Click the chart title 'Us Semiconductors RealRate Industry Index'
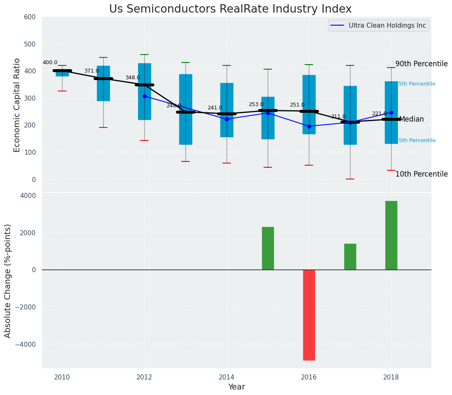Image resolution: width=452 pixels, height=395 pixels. [x=230, y=9]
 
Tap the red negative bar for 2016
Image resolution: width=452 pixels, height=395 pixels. [x=309, y=315]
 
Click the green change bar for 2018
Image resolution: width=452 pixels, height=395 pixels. [x=391, y=235]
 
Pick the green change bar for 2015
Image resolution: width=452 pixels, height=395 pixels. [x=268, y=248]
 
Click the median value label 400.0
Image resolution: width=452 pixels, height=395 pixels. [x=50, y=63]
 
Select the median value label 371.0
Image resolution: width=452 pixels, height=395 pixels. [x=91, y=71]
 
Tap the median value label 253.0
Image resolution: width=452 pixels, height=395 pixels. [x=256, y=105]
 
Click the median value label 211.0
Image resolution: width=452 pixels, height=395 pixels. [x=338, y=117]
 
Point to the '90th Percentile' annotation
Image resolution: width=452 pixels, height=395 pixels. [x=421, y=64]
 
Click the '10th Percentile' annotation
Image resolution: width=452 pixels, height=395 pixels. [x=421, y=174]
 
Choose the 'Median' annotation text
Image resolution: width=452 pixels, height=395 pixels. [x=411, y=120]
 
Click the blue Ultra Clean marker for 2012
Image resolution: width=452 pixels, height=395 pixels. [x=144, y=96]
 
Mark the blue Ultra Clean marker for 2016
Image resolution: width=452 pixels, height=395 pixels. [x=309, y=126]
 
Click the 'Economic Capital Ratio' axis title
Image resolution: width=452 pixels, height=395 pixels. [x=17, y=105]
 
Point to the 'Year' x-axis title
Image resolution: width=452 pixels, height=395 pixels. [x=236, y=387]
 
